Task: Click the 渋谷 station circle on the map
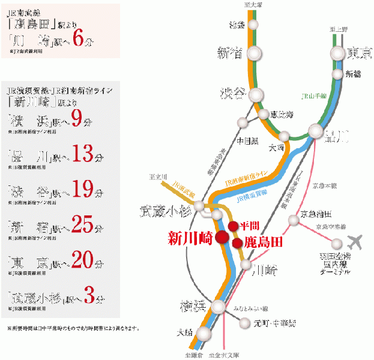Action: pyautogui.click(x=257, y=94)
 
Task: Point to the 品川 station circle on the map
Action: pyautogui.click(x=316, y=131)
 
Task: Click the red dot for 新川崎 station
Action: pyautogui.click(x=222, y=236)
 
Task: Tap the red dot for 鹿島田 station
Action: pyautogui.click(x=238, y=243)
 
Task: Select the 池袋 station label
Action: pyautogui.click(x=237, y=25)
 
